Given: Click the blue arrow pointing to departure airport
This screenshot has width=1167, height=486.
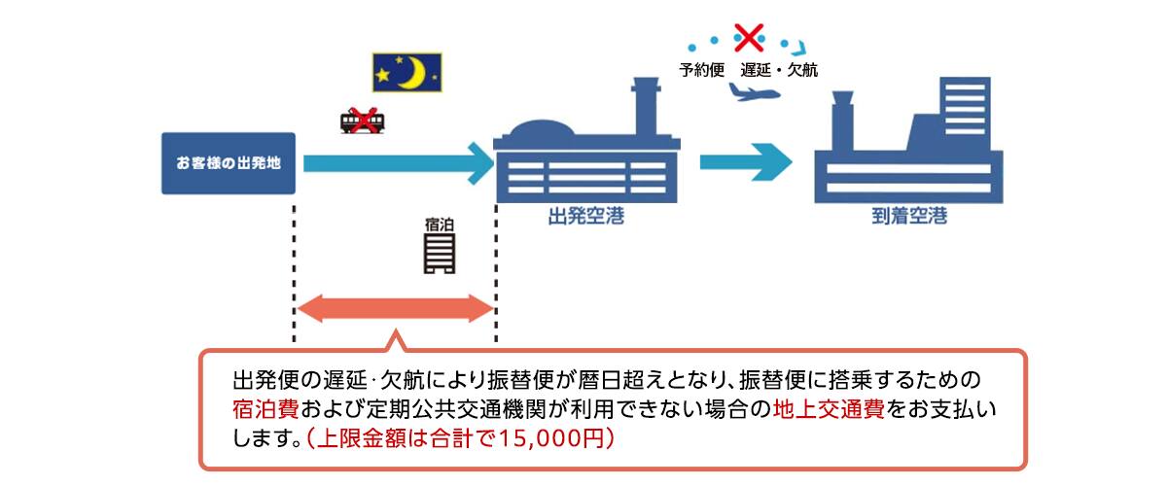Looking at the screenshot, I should [399, 161].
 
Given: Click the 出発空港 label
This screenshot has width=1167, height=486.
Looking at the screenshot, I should [586, 218].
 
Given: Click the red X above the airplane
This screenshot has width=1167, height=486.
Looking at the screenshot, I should [749, 37].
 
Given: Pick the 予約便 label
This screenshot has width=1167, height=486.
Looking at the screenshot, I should [702, 68].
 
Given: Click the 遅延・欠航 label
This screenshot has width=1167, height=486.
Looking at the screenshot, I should [779, 68].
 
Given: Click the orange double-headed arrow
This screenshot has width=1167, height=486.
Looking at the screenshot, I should [395, 309].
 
